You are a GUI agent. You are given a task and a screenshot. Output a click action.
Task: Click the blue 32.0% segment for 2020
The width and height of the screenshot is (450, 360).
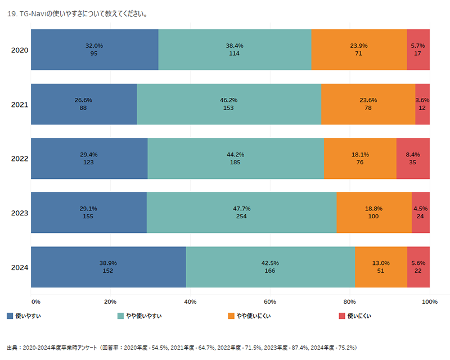click(94, 50)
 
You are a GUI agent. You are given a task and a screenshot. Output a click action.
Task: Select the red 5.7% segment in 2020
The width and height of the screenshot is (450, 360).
click(418, 50)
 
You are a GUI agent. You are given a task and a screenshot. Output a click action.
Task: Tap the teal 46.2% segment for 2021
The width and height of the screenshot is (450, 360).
click(228, 104)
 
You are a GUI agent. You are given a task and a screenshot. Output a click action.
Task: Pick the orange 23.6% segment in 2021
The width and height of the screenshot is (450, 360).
click(368, 104)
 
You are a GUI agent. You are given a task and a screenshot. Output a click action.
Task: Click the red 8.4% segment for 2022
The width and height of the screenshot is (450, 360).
click(413, 158)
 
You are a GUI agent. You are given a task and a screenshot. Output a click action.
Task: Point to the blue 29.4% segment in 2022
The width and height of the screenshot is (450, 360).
click(89, 158)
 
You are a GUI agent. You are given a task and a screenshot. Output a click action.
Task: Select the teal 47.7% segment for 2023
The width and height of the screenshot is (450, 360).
click(241, 213)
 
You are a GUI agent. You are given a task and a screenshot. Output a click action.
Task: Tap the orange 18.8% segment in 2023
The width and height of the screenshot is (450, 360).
click(373, 213)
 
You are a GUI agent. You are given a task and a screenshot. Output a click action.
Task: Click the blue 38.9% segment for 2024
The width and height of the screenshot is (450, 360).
click(108, 267)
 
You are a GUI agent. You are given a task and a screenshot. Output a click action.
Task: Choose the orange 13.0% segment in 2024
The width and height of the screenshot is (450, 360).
click(381, 267)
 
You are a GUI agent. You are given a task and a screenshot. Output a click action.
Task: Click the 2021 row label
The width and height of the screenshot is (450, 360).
click(20, 105)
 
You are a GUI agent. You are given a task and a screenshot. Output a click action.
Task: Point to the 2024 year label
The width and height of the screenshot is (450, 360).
click(20, 267)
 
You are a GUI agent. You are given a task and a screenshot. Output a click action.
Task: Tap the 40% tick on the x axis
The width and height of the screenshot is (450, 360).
click(190, 302)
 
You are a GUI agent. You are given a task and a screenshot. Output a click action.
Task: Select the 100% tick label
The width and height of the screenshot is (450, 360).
click(429, 302)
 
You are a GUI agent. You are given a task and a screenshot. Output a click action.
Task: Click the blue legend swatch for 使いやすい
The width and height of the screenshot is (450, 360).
click(10, 316)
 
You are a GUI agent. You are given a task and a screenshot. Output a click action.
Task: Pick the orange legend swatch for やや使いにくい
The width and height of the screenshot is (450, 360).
click(231, 316)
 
